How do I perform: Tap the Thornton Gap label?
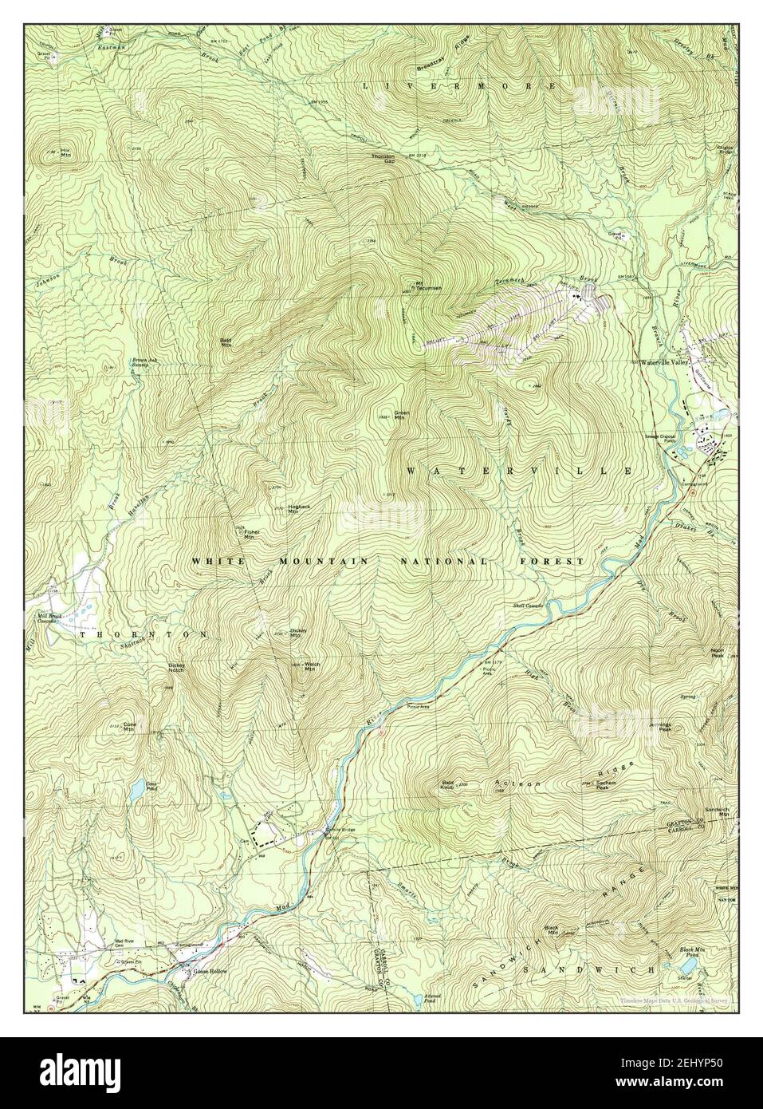click(x=383, y=158)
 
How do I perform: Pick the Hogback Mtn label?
click(x=298, y=511)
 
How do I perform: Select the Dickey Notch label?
click(x=177, y=667)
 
